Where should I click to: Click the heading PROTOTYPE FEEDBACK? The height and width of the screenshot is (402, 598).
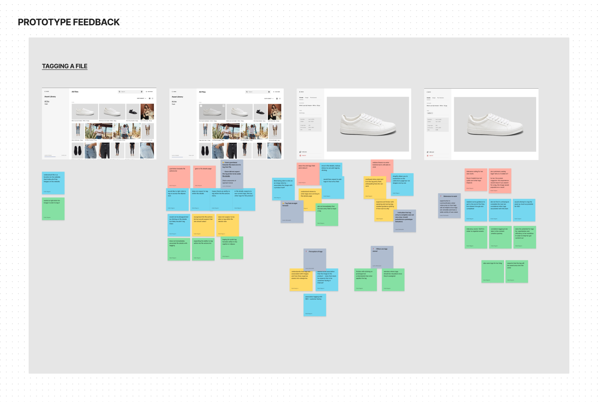(x=68, y=22)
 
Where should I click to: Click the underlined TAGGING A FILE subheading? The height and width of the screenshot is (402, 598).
(x=65, y=66)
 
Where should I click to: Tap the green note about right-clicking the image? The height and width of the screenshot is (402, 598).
(x=53, y=209)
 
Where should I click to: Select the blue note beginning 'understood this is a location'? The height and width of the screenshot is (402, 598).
(x=53, y=183)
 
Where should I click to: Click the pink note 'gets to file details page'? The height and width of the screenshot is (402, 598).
(x=204, y=177)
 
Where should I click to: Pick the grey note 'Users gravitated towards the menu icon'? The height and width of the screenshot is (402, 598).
(x=232, y=173)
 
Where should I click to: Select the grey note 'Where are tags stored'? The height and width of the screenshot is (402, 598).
(x=382, y=257)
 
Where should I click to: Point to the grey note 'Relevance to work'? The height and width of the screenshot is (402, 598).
(x=449, y=206)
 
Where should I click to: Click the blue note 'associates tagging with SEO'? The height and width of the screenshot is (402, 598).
(x=315, y=305)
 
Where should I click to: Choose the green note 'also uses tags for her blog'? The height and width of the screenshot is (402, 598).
(x=492, y=272)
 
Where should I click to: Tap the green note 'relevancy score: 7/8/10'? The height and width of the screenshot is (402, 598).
(x=476, y=237)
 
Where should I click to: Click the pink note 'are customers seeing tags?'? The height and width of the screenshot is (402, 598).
(x=500, y=181)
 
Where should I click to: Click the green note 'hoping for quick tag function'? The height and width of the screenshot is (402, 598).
(x=232, y=248)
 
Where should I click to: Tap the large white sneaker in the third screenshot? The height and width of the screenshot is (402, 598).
(x=368, y=124)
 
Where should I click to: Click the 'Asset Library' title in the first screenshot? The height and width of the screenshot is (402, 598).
(x=50, y=97)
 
